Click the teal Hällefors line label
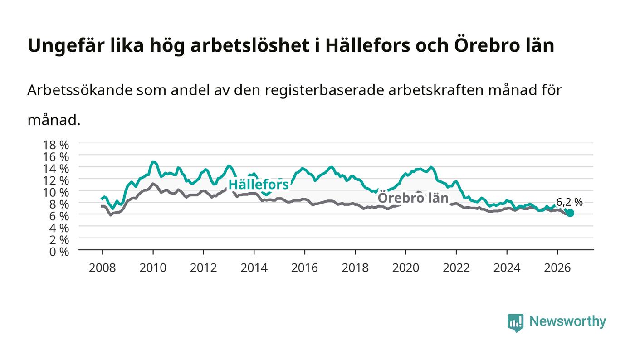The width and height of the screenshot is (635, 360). pyautogui.click(x=259, y=185)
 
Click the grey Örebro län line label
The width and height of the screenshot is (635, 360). pyautogui.click(x=413, y=198)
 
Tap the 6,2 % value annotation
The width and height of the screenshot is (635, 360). pyautogui.click(x=569, y=202)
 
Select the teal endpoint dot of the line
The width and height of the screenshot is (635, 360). pyautogui.click(x=570, y=213)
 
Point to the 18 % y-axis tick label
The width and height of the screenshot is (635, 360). pyautogui.click(x=56, y=145)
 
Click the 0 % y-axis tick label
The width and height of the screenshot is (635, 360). pyautogui.click(x=59, y=252)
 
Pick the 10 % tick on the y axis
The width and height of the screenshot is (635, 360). pyautogui.click(x=56, y=193)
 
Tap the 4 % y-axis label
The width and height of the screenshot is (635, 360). pyautogui.click(x=59, y=228)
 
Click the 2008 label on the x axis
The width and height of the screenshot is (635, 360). pyautogui.click(x=103, y=268)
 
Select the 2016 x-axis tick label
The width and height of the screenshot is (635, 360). pyautogui.click(x=304, y=268)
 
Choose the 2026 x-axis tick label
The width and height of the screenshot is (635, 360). pyautogui.click(x=557, y=268)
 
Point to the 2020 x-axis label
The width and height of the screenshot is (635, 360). pyautogui.click(x=405, y=268)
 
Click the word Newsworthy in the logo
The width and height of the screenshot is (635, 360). pyautogui.click(x=568, y=321)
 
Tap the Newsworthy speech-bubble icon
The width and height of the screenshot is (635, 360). pyautogui.click(x=515, y=323)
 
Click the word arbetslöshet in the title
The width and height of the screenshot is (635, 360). pyautogui.click(x=250, y=46)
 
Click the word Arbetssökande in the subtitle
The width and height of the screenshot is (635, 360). pyautogui.click(x=80, y=90)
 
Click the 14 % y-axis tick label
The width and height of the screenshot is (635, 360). pyautogui.click(x=56, y=169)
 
